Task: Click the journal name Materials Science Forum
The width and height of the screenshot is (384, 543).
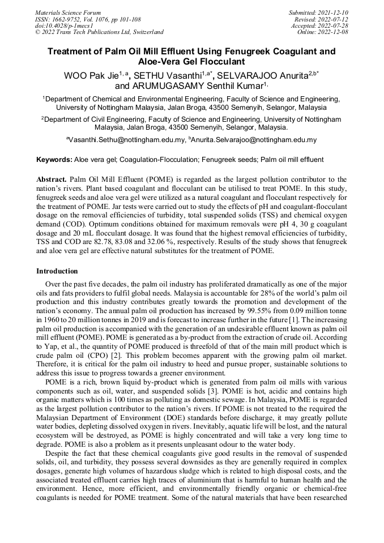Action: point(68,12)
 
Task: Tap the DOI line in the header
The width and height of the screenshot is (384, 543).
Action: point(63,25)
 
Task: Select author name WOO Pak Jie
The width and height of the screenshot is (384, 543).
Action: point(91,75)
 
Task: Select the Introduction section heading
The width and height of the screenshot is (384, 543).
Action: point(57,271)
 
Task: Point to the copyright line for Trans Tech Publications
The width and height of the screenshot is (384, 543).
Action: point(99,32)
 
